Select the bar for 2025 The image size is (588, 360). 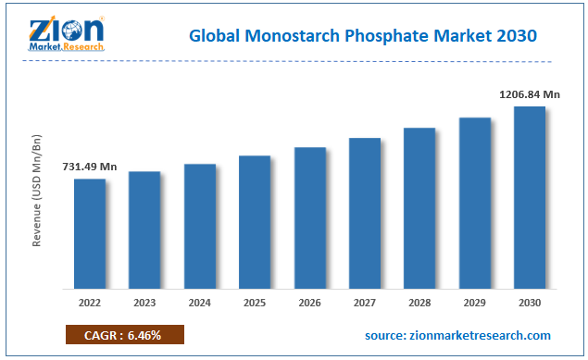[x=255, y=221]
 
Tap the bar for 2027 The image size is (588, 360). [x=365, y=213]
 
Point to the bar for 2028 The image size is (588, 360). [x=419, y=207]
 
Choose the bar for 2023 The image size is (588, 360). [x=144, y=230]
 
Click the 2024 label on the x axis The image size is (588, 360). [x=199, y=302]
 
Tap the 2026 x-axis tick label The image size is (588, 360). [x=309, y=302]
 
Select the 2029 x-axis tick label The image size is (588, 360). [x=475, y=302]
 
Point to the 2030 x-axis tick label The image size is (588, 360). [x=530, y=302]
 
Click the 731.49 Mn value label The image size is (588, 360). [x=90, y=167]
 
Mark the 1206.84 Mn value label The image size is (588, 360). [x=529, y=93]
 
